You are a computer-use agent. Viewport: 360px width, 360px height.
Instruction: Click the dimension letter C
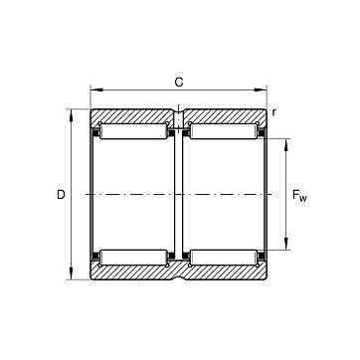coord(179,82)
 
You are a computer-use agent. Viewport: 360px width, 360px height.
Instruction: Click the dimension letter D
coord(61,195)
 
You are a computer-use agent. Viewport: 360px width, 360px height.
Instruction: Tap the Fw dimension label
coord(299,196)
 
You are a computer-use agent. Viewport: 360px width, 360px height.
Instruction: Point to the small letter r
coord(273,112)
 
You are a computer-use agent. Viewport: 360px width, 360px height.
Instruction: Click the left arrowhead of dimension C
coord(96,90)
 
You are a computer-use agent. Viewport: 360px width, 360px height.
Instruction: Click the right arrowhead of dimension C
coord(261,90)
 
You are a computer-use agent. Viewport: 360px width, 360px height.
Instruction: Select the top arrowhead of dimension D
coord(71,115)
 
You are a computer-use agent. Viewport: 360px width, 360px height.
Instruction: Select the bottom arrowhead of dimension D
coord(71,273)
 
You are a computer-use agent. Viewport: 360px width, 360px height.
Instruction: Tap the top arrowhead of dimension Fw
coord(286,145)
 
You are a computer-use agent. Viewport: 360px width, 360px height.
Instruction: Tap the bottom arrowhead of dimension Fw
coord(286,244)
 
